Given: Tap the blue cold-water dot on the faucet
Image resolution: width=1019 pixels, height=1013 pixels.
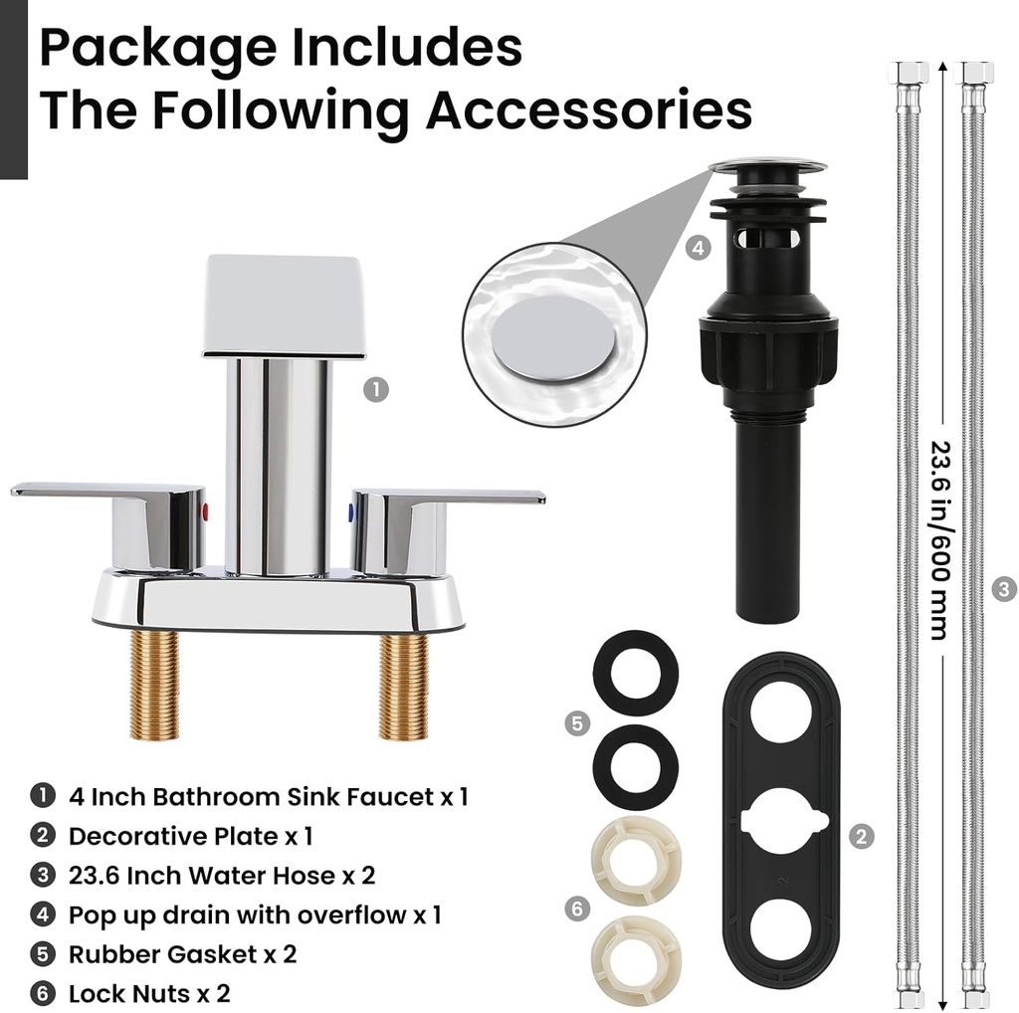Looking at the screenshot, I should tap(350, 513).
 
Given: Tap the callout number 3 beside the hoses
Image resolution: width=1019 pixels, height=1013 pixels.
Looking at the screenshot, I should tap(1005, 589).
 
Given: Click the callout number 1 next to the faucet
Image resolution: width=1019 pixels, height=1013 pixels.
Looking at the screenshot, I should tap(375, 390).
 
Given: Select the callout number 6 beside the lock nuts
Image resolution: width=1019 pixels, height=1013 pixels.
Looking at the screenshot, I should tap(576, 908).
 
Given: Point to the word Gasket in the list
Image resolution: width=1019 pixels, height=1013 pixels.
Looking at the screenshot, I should tap(212, 954).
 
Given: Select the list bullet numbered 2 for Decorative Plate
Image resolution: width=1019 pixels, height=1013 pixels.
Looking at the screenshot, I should tap(42, 836).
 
